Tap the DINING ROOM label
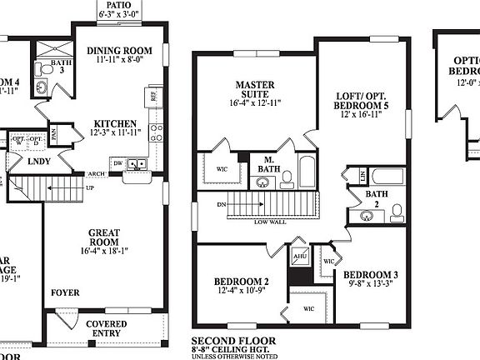tap(121, 51)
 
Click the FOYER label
tap(66, 292)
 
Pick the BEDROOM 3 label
tap(371, 274)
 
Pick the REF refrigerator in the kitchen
tap(155, 97)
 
